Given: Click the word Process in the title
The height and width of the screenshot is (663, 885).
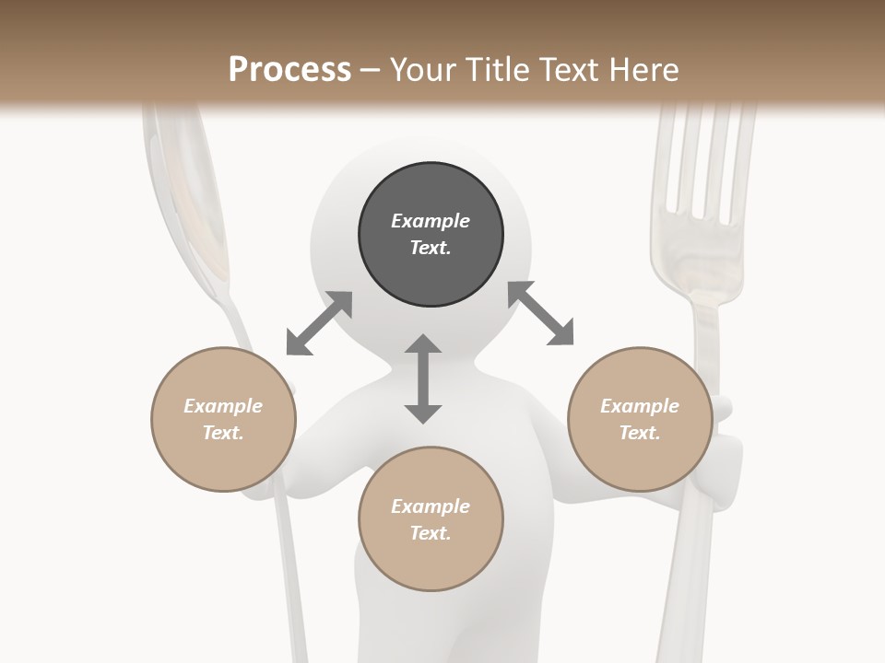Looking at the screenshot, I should [289, 70].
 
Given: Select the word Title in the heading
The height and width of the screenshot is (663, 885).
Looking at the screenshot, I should [498, 70].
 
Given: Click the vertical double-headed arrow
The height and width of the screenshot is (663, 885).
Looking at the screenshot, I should [423, 379].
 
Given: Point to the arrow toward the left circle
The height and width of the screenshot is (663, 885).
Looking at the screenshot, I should [319, 323].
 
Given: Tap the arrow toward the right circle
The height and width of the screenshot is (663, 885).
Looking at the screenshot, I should [540, 313].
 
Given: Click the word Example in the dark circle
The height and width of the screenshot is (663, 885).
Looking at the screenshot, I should [431, 221].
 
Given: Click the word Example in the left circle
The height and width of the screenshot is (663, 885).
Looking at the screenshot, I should [223, 406].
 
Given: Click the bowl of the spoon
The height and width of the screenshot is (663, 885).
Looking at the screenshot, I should [189, 193].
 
